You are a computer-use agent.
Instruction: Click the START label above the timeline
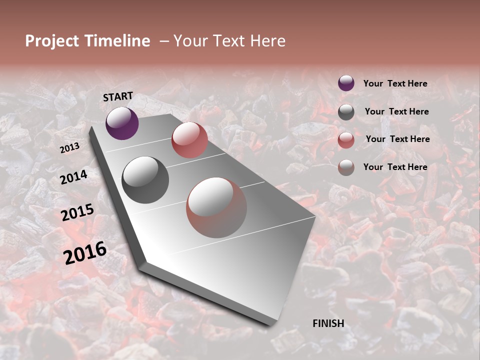pyautogui.click(x=118, y=96)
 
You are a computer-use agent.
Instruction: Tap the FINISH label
pyautogui.click(x=328, y=323)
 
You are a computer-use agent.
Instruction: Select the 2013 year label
pyautogui.click(x=69, y=148)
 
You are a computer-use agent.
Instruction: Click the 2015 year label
pyautogui.click(x=77, y=212)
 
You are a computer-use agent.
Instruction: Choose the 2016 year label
pyautogui.click(x=85, y=252)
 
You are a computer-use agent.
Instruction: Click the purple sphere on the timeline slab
pyautogui.click(x=122, y=123)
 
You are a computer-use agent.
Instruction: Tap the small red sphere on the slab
pyautogui.click(x=189, y=140)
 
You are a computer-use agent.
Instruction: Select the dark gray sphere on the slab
pyautogui.click(x=145, y=180)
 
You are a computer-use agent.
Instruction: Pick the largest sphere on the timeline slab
pyautogui.click(x=216, y=207)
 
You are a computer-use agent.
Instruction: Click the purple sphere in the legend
pyautogui.click(x=346, y=83)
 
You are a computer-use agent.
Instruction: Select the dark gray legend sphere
pyautogui.click(x=346, y=112)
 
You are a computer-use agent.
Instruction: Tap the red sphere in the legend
pyautogui.click(x=346, y=140)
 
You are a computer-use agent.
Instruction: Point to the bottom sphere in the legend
pyautogui.click(x=346, y=167)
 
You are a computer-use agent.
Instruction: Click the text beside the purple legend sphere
pyautogui.click(x=395, y=83)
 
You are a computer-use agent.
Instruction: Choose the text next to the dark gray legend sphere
pyautogui.click(x=396, y=111)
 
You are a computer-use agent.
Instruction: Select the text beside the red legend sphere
pyautogui.click(x=397, y=139)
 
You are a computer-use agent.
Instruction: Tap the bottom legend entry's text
pyautogui.click(x=395, y=167)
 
